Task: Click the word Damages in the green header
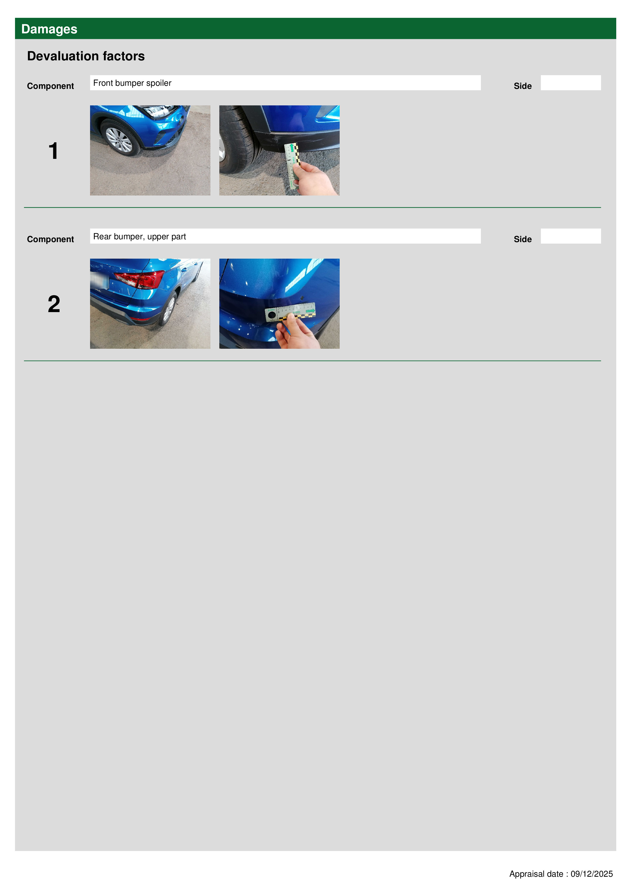click(x=49, y=29)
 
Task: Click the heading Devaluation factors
click(x=86, y=56)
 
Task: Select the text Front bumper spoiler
click(x=132, y=83)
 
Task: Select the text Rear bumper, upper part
click(x=140, y=236)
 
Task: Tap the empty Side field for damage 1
click(x=570, y=83)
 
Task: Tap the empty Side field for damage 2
click(x=570, y=236)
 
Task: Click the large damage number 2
click(x=54, y=304)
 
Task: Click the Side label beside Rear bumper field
click(x=523, y=239)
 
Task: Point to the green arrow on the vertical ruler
click(x=292, y=148)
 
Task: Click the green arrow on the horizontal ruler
click(x=310, y=311)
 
